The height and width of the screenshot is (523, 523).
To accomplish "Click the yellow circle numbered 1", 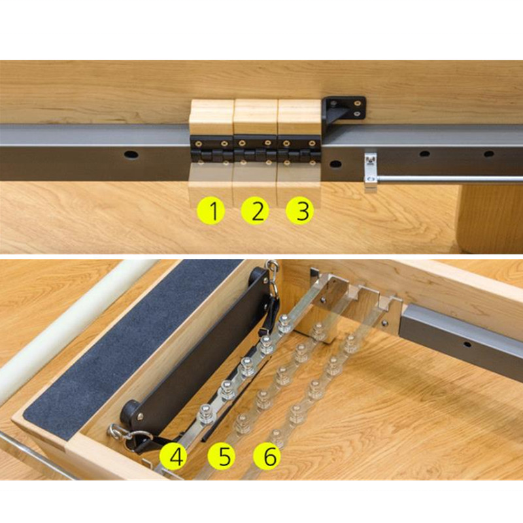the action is (211, 211).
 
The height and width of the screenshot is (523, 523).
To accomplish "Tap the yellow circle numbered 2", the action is (255, 211).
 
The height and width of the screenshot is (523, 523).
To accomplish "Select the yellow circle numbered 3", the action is (300, 211).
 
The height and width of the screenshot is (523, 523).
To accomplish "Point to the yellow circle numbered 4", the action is (173, 456).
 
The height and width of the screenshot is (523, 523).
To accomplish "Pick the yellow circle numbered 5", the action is (222, 456).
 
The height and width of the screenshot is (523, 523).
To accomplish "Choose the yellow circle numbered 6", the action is (267, 456).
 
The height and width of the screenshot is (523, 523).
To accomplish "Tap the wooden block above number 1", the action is (211, 118).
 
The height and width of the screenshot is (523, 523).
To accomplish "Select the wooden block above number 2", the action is (256, 117).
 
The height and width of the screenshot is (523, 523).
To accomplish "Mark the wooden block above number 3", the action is (299, 117).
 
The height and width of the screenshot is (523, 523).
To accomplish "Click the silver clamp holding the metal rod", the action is (371, 171).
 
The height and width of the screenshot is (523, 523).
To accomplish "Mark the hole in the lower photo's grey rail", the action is (467, 345).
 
